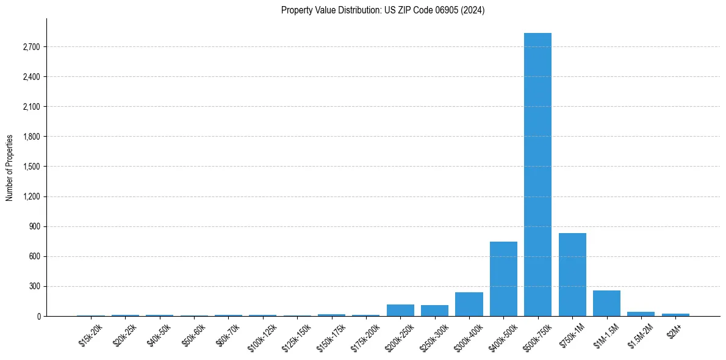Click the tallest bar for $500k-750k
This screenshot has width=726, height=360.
537,175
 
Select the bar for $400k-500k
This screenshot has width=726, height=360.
503,279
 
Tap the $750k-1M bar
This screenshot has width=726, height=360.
572,275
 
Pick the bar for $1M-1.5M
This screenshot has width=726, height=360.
606,303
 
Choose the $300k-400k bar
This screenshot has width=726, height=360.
469,304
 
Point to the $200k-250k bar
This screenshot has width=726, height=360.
400,310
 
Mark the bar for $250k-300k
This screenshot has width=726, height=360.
434,311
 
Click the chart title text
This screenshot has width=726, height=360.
383,10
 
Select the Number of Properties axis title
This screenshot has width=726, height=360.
10,167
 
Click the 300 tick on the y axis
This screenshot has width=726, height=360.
34,286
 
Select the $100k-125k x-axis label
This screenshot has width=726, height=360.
262,337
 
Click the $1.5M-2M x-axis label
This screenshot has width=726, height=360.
640,335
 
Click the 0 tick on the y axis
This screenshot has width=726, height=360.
38,316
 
